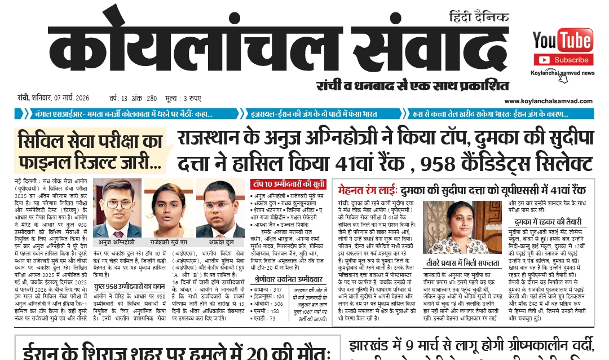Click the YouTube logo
coord(562,41)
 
